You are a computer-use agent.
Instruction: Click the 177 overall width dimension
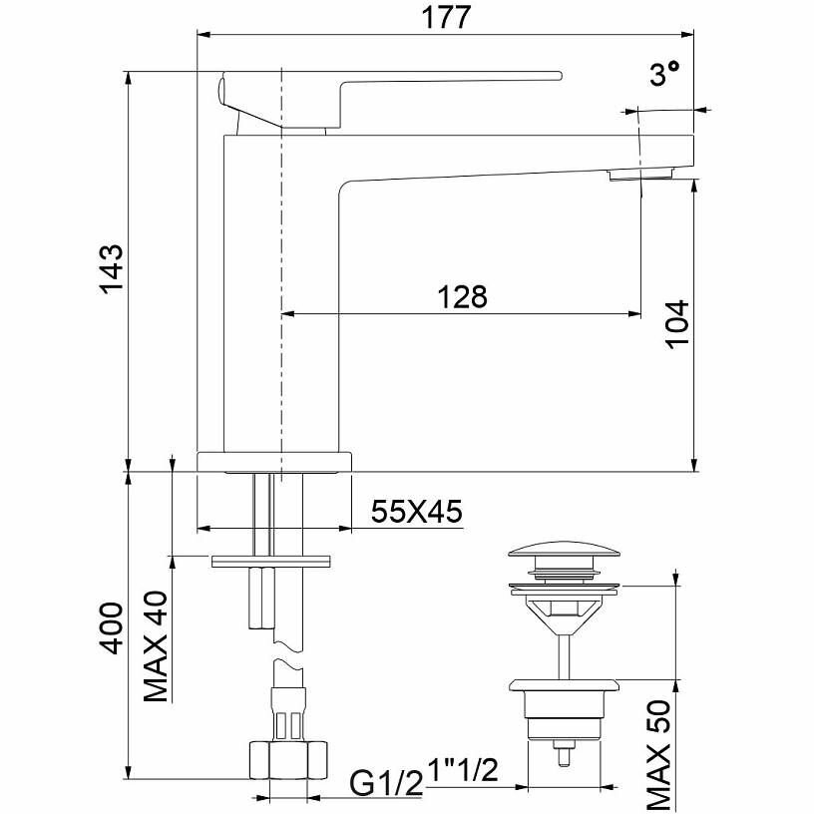point(446,17)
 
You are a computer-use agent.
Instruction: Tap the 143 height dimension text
point(112,269)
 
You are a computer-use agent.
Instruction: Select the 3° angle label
point(664,73)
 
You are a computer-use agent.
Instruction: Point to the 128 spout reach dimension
point(463,296)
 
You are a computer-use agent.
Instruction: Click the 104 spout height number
point(678,324)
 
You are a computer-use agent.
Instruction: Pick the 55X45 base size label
point(416,512)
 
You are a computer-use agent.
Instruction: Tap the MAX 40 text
point(156,646)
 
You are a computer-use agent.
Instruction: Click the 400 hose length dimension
point(112,627)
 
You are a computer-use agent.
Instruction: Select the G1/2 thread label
point(386,783)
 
